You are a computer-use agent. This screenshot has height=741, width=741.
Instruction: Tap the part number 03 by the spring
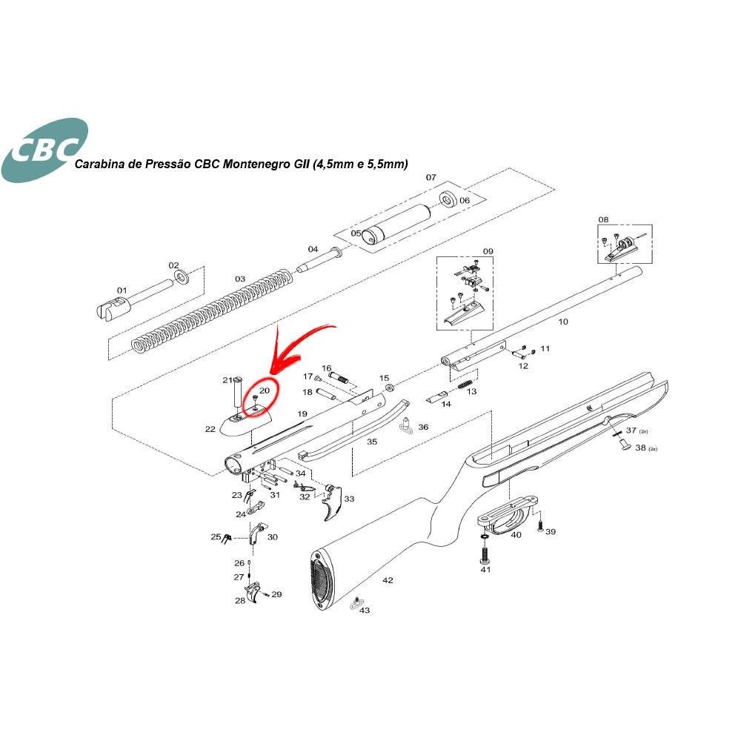(x=240, y=279)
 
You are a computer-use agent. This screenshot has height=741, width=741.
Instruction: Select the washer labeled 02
(x=182, y=277)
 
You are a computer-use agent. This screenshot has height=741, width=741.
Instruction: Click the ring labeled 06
(x=448, y=199)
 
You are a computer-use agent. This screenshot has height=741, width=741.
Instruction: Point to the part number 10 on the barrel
(x=563, y=322)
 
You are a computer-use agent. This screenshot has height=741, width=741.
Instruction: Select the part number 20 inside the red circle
(x=265, y=391)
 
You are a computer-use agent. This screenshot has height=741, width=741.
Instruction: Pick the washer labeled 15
(x=390, y=388)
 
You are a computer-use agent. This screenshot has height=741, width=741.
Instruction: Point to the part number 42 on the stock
(x=388, y=580)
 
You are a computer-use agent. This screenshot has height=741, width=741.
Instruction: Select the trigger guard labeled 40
(x=508, y=514)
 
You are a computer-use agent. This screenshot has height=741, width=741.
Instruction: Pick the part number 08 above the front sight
(x=603, y=219)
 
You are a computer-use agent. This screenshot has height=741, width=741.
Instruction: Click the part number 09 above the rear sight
(x=488, y=251)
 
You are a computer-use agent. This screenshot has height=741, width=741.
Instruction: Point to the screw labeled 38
(x=623, y=444)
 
